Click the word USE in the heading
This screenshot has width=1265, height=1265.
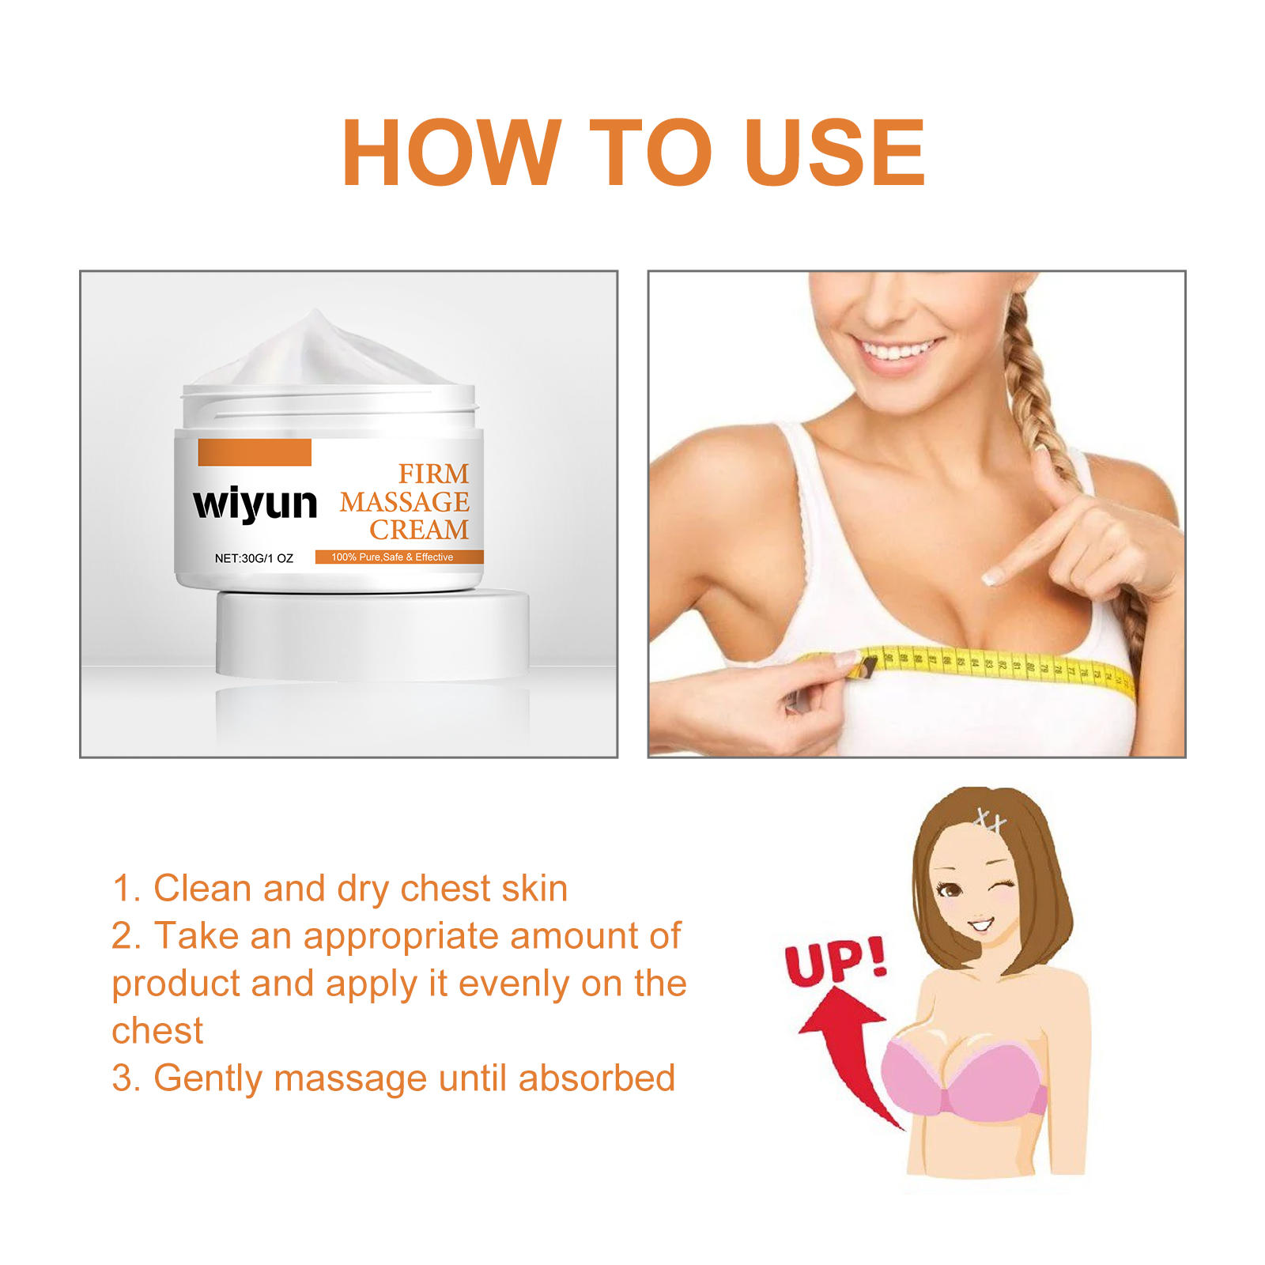click(835, 152)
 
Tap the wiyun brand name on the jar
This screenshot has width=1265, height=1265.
click(255, 504)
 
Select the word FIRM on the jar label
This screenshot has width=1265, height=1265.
click(433, 474)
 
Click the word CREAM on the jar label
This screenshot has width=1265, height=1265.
click(419, 529)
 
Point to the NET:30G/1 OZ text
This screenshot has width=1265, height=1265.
click(254, 558)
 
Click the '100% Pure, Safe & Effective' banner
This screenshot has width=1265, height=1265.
click(399, 557)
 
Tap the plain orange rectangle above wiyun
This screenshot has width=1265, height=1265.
click(255, 452)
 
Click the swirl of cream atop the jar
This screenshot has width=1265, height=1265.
click(316, 352)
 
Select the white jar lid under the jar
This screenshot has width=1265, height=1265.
click(372, 634)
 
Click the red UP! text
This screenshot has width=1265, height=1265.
click(836, 961)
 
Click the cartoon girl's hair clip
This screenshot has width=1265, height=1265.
click(989, 820)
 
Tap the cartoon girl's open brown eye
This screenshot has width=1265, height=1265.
click(949, 889)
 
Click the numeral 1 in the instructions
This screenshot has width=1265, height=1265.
click(122, 889)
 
